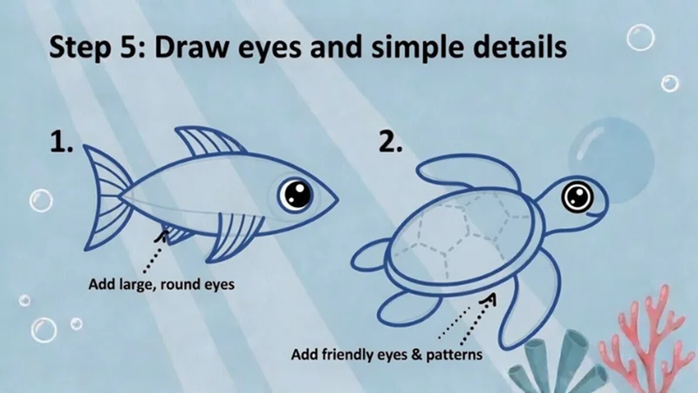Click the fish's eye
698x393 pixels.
[295, 194]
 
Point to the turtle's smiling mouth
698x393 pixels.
[589, 212]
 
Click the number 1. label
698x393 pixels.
[64, 141]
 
